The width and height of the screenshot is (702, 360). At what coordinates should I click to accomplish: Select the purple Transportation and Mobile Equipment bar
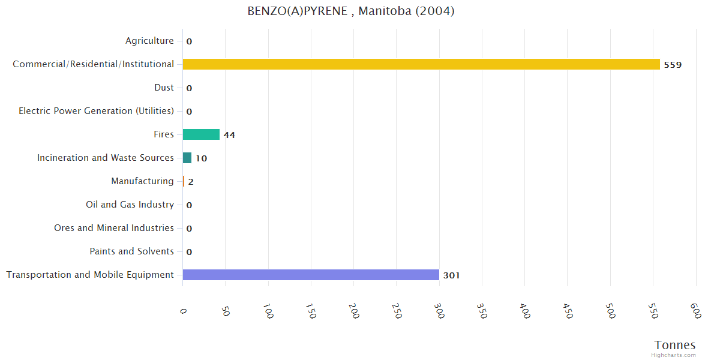coord(311,275)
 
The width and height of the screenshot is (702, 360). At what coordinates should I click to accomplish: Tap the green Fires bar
coord(201,134)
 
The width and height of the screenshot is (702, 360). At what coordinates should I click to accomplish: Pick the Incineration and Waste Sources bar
coord(187,158)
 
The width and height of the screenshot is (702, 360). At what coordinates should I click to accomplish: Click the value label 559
coord(673,65)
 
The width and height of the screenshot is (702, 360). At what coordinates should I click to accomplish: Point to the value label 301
coord(451,275)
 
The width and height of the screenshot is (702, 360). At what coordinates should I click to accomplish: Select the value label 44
coord(229,135)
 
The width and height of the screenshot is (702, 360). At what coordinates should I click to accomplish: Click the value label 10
coord(201,158)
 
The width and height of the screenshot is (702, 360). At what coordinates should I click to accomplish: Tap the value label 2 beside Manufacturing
coord(191,182)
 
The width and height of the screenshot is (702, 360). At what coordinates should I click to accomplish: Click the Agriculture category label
coord(149,41)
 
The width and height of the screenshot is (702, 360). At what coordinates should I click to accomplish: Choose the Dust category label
coord(164,88)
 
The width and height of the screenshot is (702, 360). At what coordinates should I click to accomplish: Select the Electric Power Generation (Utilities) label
coord(96,111)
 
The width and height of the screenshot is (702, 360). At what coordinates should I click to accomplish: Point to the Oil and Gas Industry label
coord(130,205)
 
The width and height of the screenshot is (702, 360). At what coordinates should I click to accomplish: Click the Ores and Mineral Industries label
coord(114,228)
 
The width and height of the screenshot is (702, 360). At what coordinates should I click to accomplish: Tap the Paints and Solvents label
coord(131,251)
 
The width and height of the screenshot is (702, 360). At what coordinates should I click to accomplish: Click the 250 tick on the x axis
coord(397,310)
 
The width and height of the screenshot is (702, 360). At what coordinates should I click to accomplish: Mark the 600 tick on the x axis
coord(695,310)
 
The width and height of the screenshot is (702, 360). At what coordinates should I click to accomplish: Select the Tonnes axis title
coord(674,345)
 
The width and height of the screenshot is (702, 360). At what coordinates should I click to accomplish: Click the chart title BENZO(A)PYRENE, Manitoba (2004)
coord(351,11)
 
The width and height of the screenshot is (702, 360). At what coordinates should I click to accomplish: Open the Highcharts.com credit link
coord(674,355)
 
